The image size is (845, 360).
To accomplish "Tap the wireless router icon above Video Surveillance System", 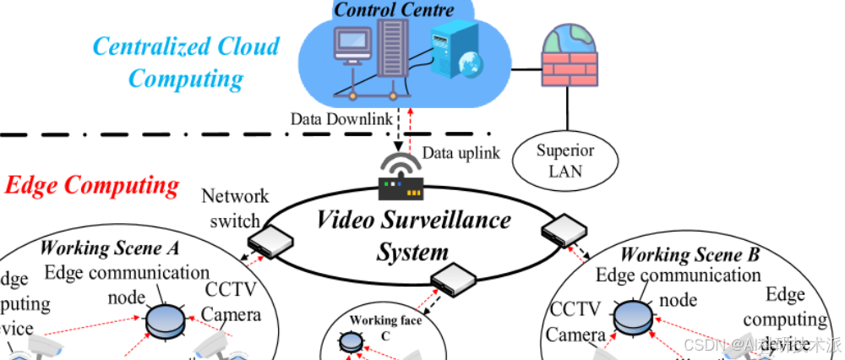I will coord(401,177).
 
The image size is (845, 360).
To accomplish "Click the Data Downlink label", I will coord(341,118).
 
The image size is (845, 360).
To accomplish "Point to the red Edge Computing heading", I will coord(92,185).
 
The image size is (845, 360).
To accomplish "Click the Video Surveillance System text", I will coord(413,236).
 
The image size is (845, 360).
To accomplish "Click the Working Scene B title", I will coord(690,254).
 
